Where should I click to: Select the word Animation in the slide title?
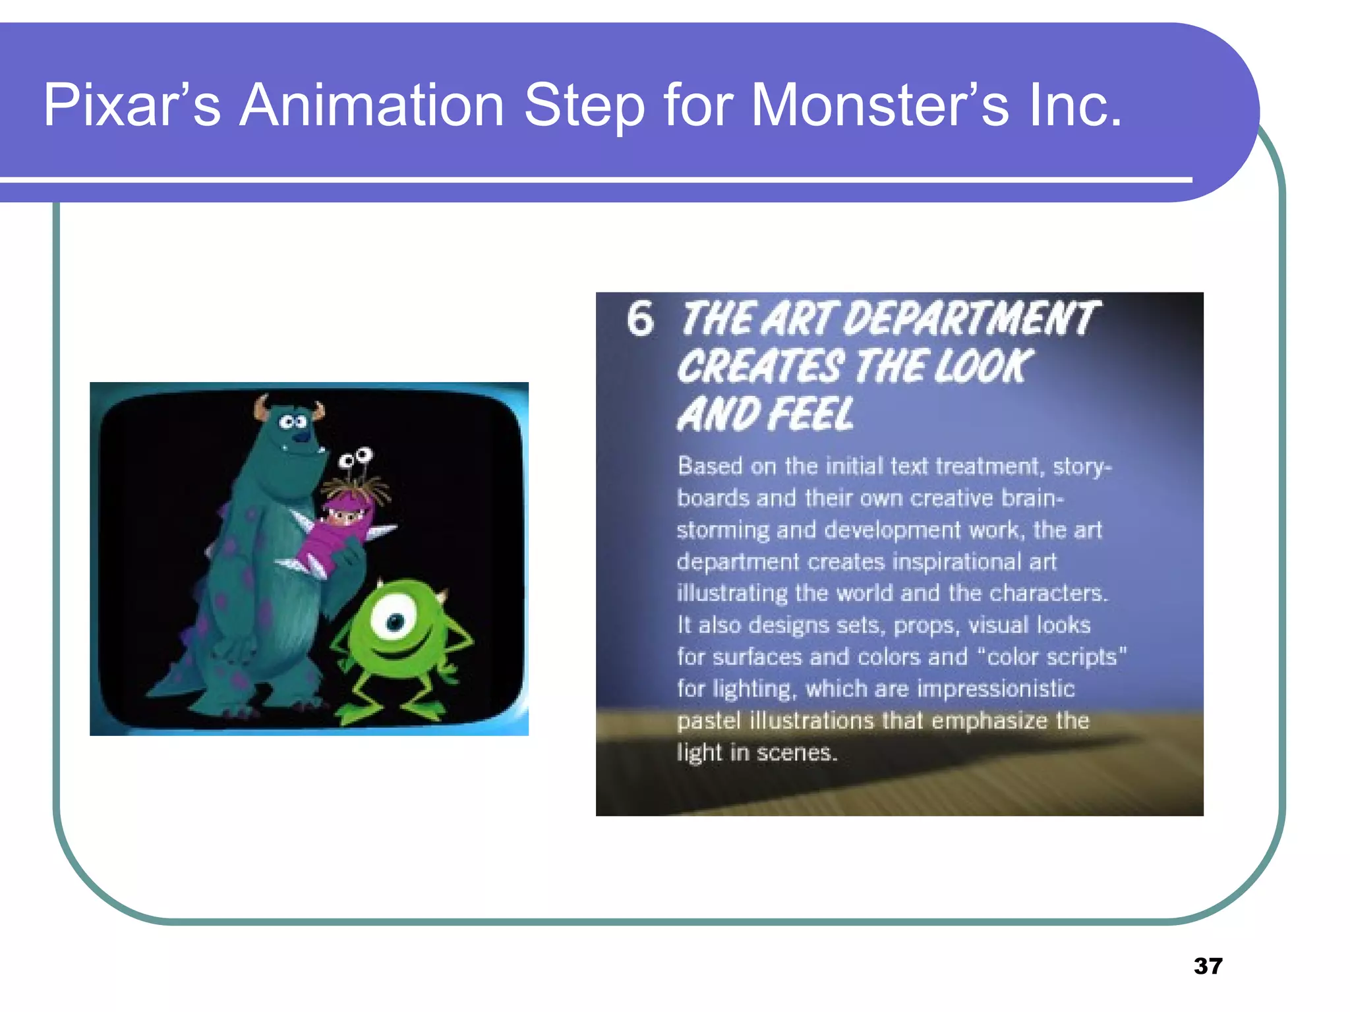click(x=372, y=105)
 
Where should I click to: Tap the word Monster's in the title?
click(x=880, y=105)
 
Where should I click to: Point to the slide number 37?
click(x=1208, y=966)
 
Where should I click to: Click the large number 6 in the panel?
click(x=640, y=320)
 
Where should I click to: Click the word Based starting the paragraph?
click(x=710, y=466)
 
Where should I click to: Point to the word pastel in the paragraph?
click(x=709, y=721)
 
